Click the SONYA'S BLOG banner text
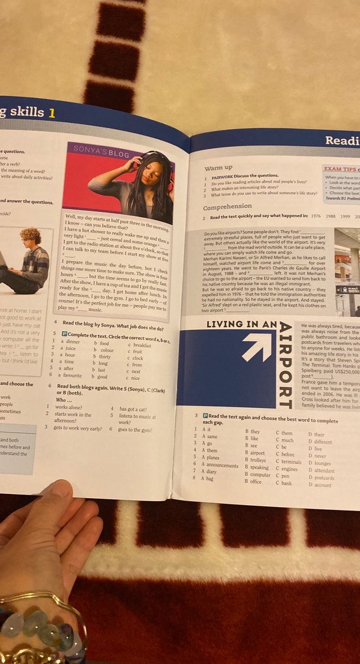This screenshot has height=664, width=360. [x=100, y=151]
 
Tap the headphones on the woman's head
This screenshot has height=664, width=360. [x=154, y=158]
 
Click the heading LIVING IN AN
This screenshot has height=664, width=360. [x=241, y=325]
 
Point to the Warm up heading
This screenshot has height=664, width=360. [x=218, y=168]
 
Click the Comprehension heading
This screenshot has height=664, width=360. [x=227, y=207]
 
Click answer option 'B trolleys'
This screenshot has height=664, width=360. [x=255, y=460]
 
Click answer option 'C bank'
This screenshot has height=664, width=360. [x=284, y=484]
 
